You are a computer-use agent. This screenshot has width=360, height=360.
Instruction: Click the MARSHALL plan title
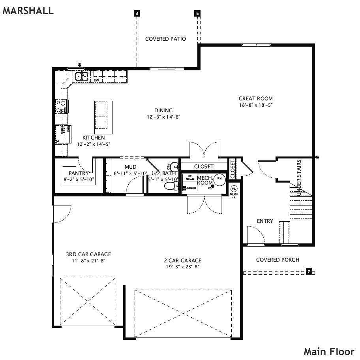coord(28,11)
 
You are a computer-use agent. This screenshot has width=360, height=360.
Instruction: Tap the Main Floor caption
coord(329,351)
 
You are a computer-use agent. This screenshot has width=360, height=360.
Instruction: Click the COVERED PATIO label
coord(165,39)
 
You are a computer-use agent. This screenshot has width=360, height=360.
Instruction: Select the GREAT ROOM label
coord(255,99)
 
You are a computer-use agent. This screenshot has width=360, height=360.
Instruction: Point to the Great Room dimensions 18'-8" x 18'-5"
coord(255,105)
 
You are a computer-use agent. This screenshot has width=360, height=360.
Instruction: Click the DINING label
coord(163,111)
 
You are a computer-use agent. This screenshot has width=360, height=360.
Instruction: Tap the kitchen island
coord(103,117)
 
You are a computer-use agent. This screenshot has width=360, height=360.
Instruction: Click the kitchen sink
coord(82,76)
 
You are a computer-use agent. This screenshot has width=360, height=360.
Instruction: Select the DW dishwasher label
coord(96,81)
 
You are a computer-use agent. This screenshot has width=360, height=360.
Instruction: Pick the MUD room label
coord(130,168)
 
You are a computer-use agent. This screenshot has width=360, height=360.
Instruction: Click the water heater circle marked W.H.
coord(219,179)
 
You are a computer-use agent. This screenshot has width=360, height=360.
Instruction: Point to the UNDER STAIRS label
coord(299,178)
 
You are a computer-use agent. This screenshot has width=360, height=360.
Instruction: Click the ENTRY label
coord(265,221)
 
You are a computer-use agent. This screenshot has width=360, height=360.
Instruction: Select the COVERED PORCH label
coord(277,260)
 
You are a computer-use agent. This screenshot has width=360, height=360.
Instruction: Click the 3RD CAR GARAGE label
coord(88,254)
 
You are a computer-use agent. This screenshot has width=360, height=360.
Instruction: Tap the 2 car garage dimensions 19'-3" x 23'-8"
coord(182,267)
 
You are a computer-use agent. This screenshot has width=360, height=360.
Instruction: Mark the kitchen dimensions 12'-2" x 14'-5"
coord(94,144)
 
